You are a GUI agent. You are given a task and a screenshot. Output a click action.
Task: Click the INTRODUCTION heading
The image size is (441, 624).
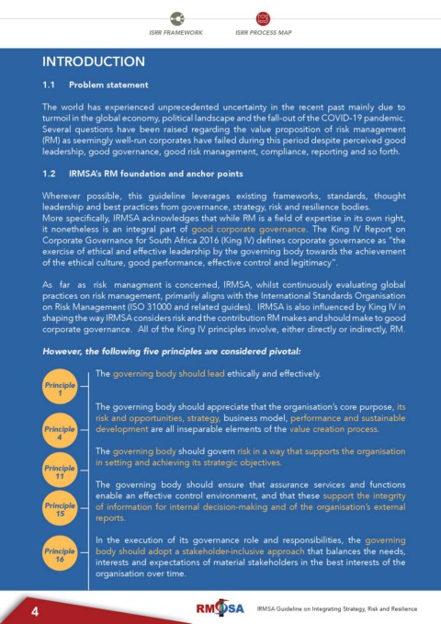coord(94,62)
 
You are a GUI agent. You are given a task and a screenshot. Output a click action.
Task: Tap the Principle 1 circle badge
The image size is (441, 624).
coord(61,389)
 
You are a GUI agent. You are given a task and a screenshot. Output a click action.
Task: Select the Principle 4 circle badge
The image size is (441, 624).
coord(61,433)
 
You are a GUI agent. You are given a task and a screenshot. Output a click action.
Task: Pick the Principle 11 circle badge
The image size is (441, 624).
coord(61,471)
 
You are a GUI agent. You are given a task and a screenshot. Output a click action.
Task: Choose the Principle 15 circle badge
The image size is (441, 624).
coord(61,510)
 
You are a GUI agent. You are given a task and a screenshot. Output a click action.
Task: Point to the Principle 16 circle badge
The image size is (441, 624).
coord(61,556)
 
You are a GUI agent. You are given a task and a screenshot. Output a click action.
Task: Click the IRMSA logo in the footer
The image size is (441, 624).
coord(218,609)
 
